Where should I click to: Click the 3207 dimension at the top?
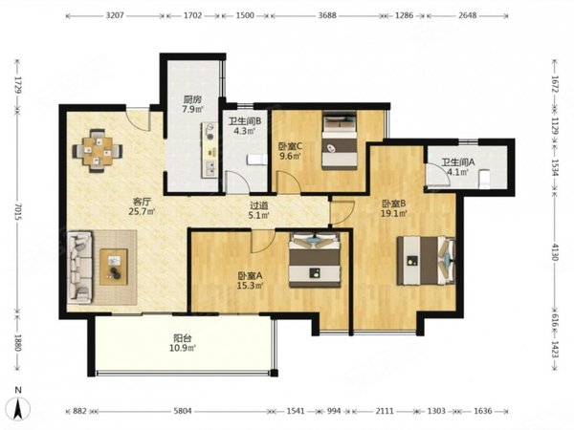[115, 15]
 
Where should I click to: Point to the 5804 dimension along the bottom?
[183, 411]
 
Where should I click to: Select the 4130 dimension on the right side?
[554, 251]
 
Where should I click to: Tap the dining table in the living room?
[98, 150]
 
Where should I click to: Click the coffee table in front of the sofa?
[114, 267]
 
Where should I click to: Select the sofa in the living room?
[79, 268]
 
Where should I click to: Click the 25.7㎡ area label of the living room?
[142, 211]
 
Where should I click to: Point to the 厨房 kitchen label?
[192, 99]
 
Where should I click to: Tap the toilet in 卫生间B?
[257, 160]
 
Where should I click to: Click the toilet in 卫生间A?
[484, 179]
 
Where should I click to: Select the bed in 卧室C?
[340, 140]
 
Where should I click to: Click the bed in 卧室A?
[315, 260]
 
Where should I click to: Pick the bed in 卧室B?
[427, 260]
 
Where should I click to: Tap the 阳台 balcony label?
[183, 338]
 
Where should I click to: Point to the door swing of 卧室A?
[263, 242]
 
